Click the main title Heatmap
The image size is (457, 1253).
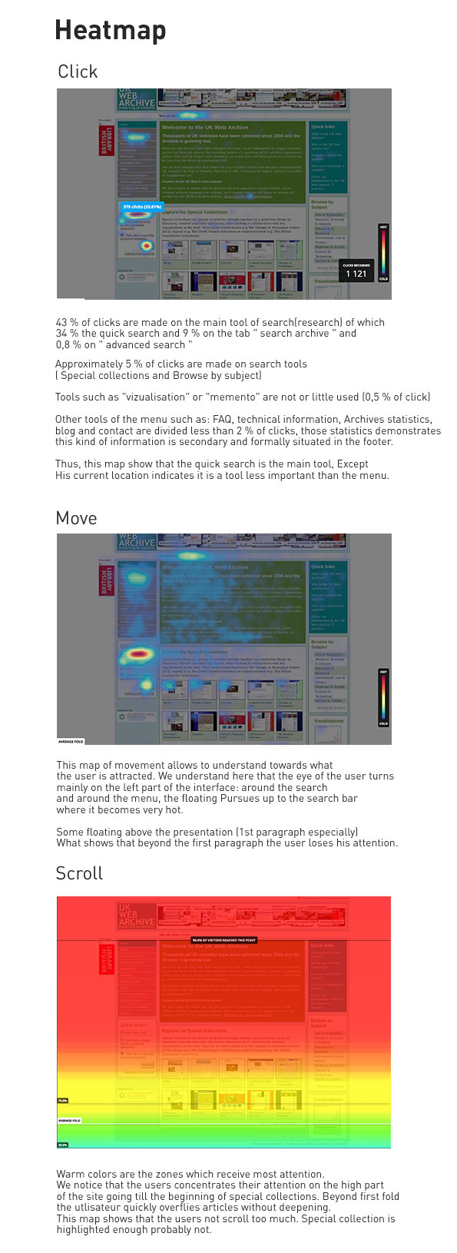111,31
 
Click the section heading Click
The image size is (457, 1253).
78,71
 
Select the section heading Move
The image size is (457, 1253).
76,518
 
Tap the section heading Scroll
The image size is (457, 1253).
79,873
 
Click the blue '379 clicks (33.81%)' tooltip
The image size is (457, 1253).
142,207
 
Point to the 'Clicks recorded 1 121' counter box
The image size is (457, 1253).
356,270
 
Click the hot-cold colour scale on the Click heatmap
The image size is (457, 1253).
383,252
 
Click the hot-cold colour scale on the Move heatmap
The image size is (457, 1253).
383,697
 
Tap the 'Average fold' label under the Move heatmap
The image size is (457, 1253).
71,741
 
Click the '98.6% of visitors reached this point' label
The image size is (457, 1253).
224,939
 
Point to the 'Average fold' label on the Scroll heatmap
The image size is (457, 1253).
69,1121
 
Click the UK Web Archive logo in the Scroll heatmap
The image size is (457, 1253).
137,915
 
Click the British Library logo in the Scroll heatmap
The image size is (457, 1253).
106,959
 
